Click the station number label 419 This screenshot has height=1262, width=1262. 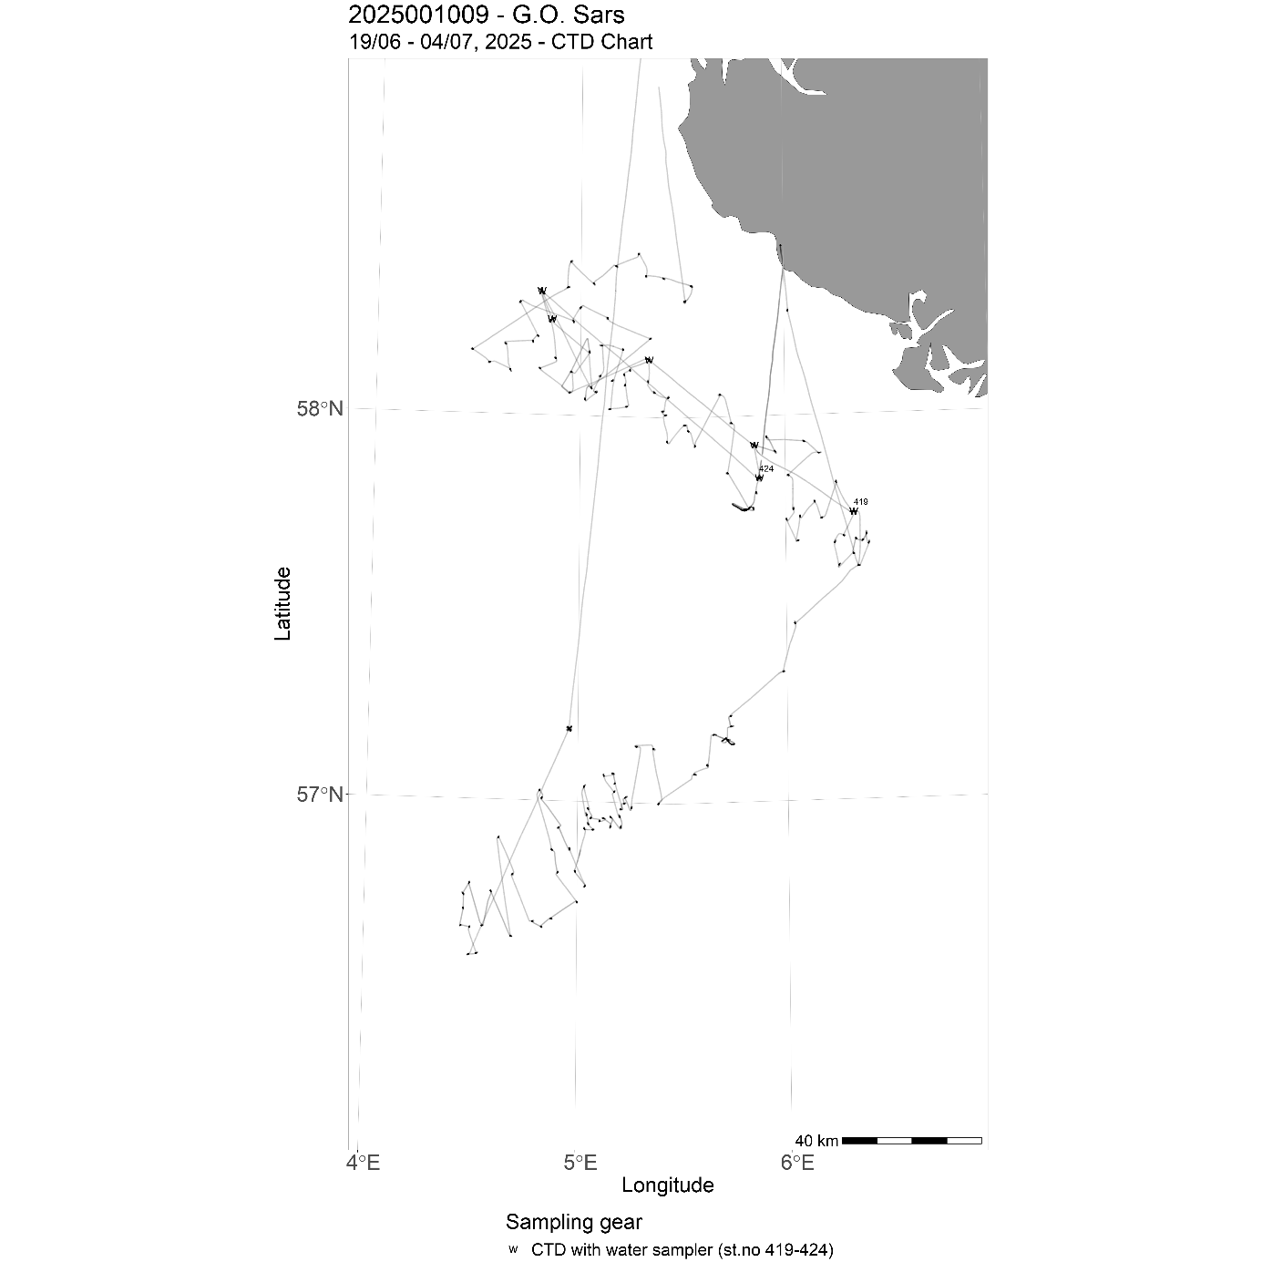coord(860,502)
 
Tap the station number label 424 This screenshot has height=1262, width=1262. coord(765,468)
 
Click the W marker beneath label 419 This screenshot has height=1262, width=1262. coord(853,511)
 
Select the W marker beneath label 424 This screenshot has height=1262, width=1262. coord(758,477)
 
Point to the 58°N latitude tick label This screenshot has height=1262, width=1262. coord(320,408)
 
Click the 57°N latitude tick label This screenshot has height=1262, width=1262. coord(320,795)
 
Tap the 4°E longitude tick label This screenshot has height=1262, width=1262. coord(362,1163)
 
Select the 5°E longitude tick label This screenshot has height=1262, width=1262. coord(580,1163)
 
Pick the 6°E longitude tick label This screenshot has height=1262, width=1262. coord(796,1163)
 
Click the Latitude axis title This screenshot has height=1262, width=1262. coord(283,603)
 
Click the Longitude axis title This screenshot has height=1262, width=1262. coord(667,1185)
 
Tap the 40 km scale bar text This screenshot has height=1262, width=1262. coord(816,1141)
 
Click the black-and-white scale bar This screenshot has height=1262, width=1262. coord(911,1140)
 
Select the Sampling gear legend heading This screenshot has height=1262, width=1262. coord(573,1223)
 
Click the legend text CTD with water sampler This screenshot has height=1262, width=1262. coord(682,1250)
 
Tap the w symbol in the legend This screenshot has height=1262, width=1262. coord(513,1249)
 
